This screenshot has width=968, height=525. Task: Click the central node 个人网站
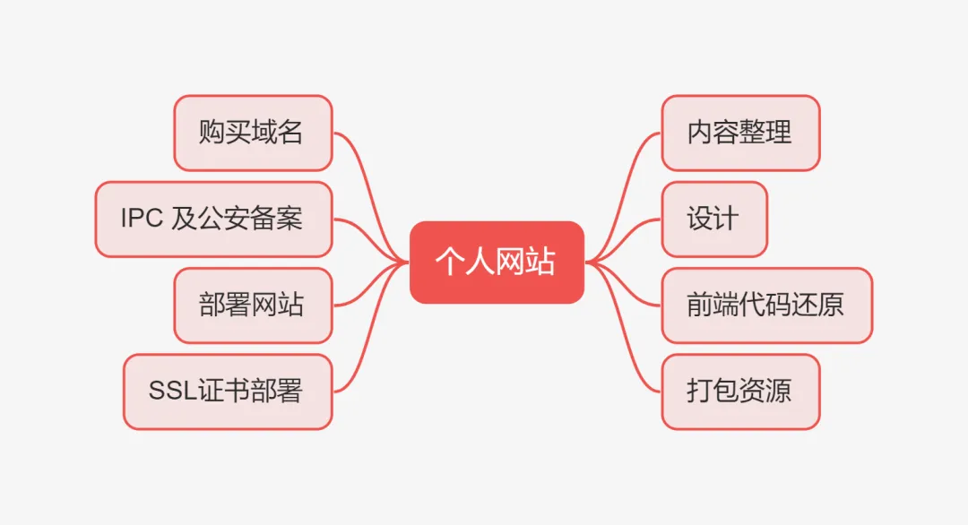coord(497,262)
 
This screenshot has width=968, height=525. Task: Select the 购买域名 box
coord(253,133)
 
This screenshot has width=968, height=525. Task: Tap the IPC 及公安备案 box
coord(213,219)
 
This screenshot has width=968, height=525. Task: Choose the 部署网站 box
coord(253,305)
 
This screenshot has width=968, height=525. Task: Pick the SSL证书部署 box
coord(228,391)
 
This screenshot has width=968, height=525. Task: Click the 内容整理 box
coord(740,133)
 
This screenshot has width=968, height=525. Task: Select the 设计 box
coord(714,219)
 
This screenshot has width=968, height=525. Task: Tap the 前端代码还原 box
coord(766,305)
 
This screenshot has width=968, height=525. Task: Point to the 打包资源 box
coord(740,391)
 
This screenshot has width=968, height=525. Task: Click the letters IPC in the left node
coord(142,219)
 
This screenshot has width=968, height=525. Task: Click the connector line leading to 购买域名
coord(367,170)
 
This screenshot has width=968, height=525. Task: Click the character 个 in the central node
coord(448,262)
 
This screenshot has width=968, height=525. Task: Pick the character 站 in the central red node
coord(542,262)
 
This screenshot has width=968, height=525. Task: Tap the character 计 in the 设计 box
coord(727,219)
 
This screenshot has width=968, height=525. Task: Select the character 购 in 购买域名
coord(212,133)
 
